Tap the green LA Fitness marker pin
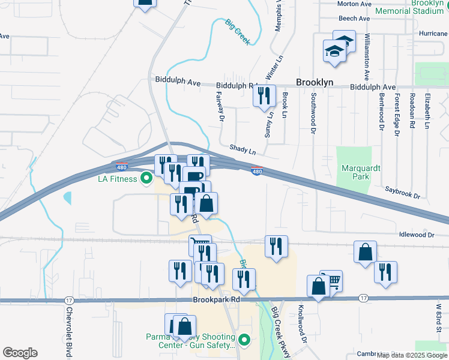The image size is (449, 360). click(x=146, y=178)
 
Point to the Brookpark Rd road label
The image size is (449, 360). click(x=216, y=298)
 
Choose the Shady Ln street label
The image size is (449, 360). click(x=242, y=148)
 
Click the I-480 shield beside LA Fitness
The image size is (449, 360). click(x=121, y=165)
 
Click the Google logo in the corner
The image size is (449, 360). click(x=20, y=352)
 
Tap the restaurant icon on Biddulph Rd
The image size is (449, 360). click(x=264, y=96)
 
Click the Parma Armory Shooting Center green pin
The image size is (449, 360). click(x=244, y=341)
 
